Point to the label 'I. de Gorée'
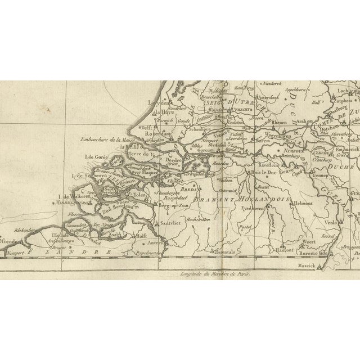[95, 157]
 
